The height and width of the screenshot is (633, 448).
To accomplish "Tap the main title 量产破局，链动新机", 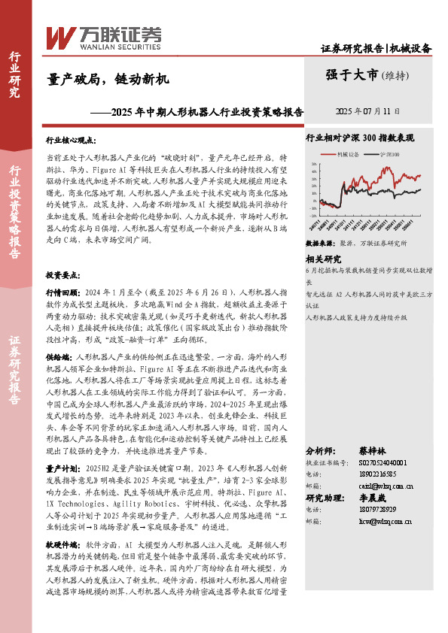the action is click(108, 78).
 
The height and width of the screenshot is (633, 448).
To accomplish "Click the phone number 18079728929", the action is click(359, 509).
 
